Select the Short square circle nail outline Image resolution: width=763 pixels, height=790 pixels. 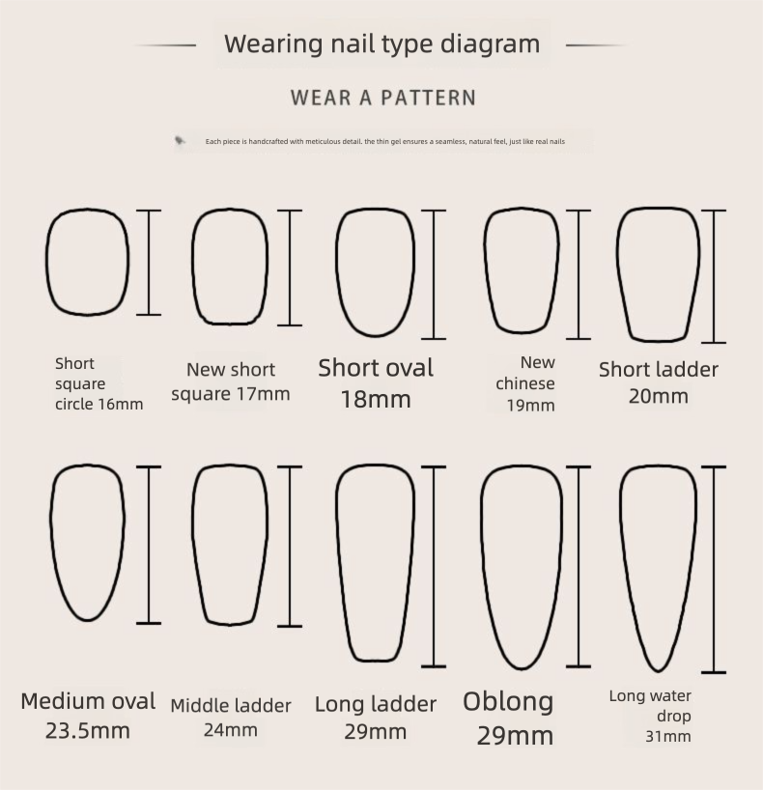(x=46, y=262)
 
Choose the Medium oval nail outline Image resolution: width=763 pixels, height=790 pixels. (x=50, y=519)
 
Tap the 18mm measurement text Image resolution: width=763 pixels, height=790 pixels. (x=376, y=399)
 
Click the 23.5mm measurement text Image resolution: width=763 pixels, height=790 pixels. (x=88, y=730)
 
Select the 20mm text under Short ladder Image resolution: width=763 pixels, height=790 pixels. (x=658, y=396)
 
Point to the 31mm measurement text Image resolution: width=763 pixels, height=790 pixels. (x=668, y=737)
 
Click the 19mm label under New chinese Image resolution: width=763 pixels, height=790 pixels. (x=530, y=406)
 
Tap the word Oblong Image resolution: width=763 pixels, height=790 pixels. (x=508, y=701)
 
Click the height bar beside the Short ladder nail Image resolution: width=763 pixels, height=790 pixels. (x=714, y=276)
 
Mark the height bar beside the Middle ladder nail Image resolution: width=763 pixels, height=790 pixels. (x=290, y=547)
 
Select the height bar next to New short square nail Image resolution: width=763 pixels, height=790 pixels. (x=290, y=268)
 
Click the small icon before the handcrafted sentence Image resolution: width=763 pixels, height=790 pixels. (x=180, y=141)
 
